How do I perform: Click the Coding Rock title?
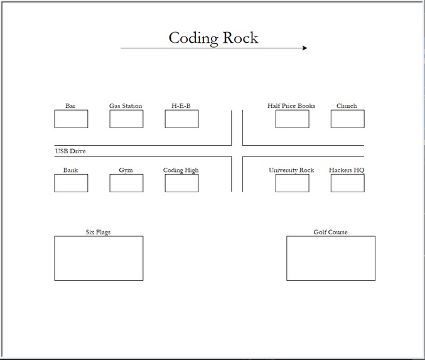point(213,38)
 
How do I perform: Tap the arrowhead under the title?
point(304,48)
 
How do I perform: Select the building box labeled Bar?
point(71,119)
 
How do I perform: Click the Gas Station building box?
point(126,119)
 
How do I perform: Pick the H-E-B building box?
point(181,119)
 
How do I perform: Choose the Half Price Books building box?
point(292,119)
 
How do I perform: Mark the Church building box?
point(347,119)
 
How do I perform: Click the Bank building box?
point(71,183)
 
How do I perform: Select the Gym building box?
point(126,183)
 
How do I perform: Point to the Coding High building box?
point(181,183)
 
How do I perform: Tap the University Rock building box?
point(292,183)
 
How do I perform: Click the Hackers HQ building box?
point(347,183)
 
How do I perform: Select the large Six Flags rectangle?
point(99,258)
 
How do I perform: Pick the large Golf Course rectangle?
point(331,258)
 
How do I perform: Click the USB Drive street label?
point(70,151)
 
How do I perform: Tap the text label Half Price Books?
point(291,106)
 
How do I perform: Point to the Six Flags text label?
point(98,232)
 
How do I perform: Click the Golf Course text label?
point(330,232)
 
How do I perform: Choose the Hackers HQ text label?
point(347,170)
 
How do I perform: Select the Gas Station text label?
point(126,106)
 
